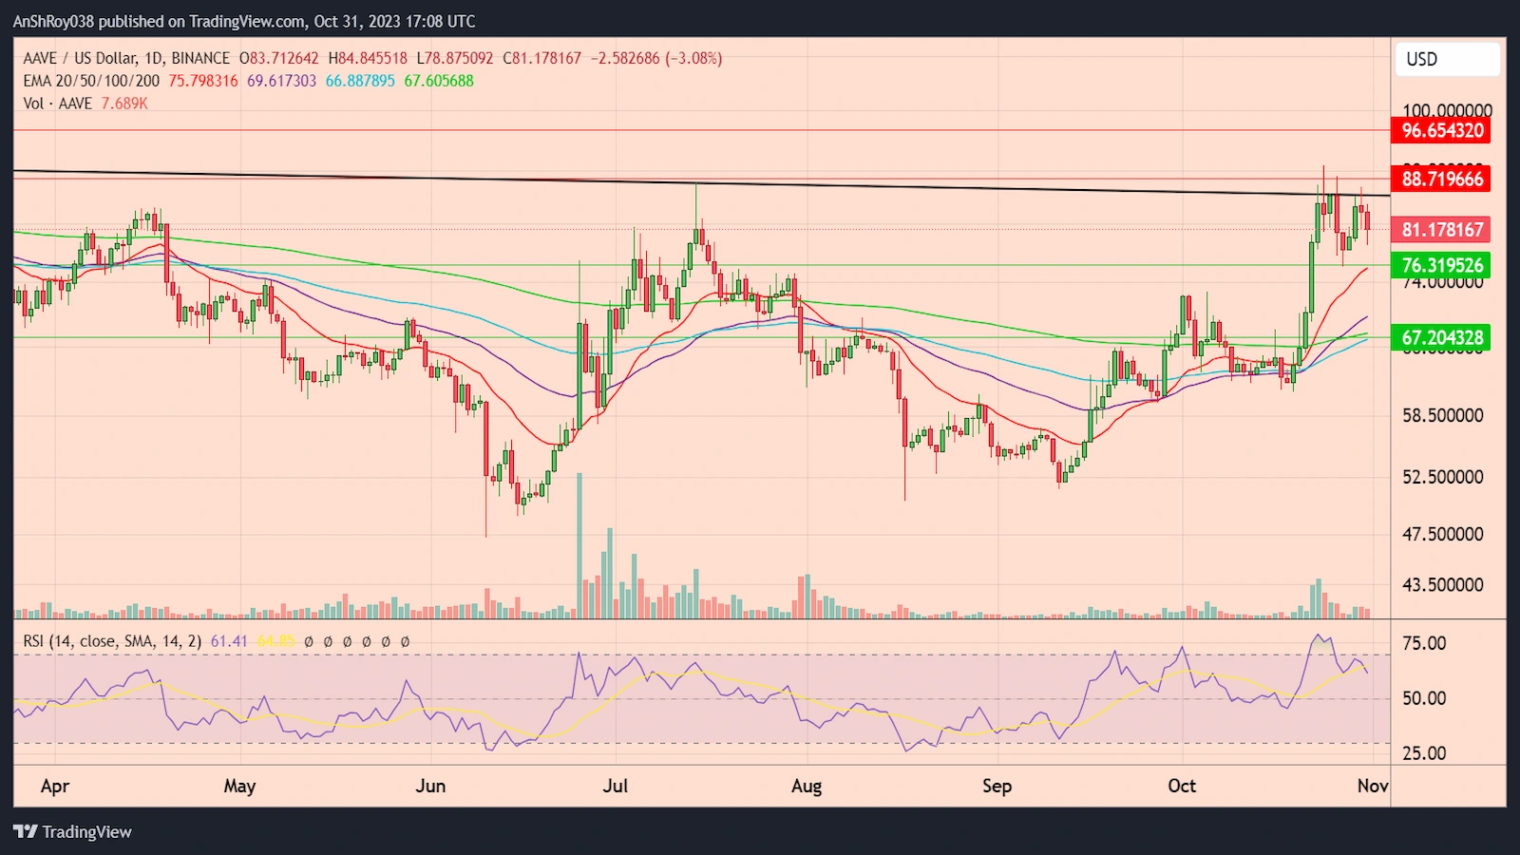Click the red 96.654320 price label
click(1442, 131)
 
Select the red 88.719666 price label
click(1442, 179)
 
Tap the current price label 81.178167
click(1442, 230)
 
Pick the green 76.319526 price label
click(1442, 265)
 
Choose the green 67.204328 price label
click(1442, 337)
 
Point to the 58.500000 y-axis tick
click(1442, 416)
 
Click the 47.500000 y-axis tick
click(1442, 534)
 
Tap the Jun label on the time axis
click(430, 786)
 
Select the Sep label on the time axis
click(997, 786)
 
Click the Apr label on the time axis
click(55, 786)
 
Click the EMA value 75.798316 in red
click(203, 81)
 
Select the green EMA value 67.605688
click(439, 81)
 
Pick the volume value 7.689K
click(124, 104)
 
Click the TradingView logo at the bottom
click(73, 832)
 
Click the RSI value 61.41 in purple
click(229, 641)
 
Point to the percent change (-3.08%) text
click(693, 58)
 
